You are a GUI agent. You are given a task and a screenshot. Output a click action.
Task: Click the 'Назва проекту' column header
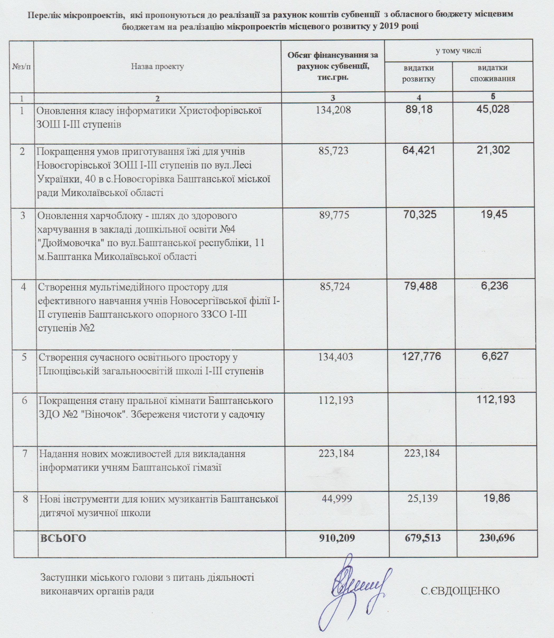[157, 67]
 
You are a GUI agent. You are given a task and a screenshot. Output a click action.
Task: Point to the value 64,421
[419, 151]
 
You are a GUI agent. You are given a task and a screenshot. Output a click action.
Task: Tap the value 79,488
[420, 286]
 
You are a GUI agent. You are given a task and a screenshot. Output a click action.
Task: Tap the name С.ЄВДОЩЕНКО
[460, 591]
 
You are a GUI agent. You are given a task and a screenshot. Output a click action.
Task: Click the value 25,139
[422, 499]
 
